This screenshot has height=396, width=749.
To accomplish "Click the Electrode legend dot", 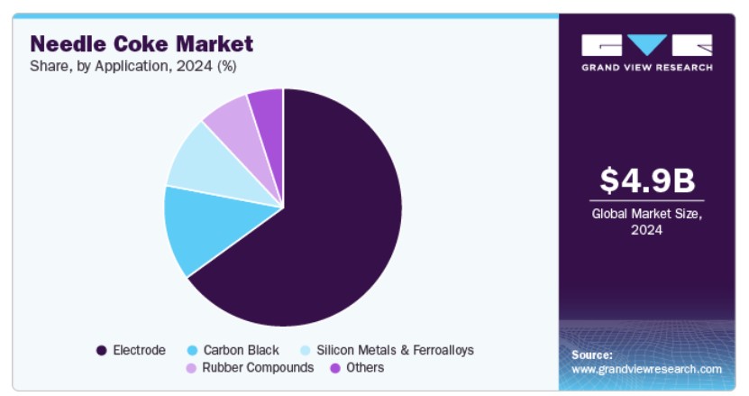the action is tap(101, 351).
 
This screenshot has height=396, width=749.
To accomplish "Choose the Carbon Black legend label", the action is tap(242, 350).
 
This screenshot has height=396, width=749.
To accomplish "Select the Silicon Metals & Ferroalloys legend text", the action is tap(395, 350).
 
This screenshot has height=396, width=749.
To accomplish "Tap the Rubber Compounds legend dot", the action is tap(191, 368).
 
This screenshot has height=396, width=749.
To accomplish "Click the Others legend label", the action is tap(365, 368).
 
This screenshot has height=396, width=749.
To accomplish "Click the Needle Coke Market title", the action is tap(142, 44).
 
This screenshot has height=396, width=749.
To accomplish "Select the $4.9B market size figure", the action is tap(647, 180).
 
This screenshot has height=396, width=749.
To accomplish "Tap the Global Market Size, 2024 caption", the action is tap(647, 222).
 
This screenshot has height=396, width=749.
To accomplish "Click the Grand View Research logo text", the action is tap(647, 68).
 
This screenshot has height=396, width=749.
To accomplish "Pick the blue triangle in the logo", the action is tap(647, 44).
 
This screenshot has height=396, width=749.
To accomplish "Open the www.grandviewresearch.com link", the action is tap(647, 369).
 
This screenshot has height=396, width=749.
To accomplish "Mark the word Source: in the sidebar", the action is tap(592, 355).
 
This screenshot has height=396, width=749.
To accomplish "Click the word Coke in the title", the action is tap(141, 44).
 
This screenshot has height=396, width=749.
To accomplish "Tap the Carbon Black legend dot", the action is tap(192, 351).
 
